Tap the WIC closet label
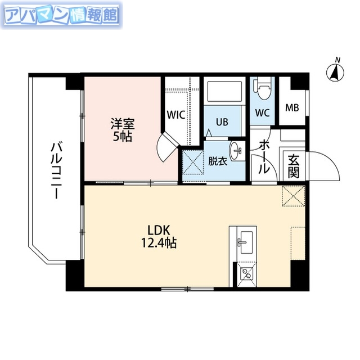click(x=175, y=115)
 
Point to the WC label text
click(x=262, y=112)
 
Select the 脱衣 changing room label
click(x=218, y=161)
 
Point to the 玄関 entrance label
click(x=293, y=166)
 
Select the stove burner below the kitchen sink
click(x=245, y=274)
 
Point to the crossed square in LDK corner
click(x=292, y=196)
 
